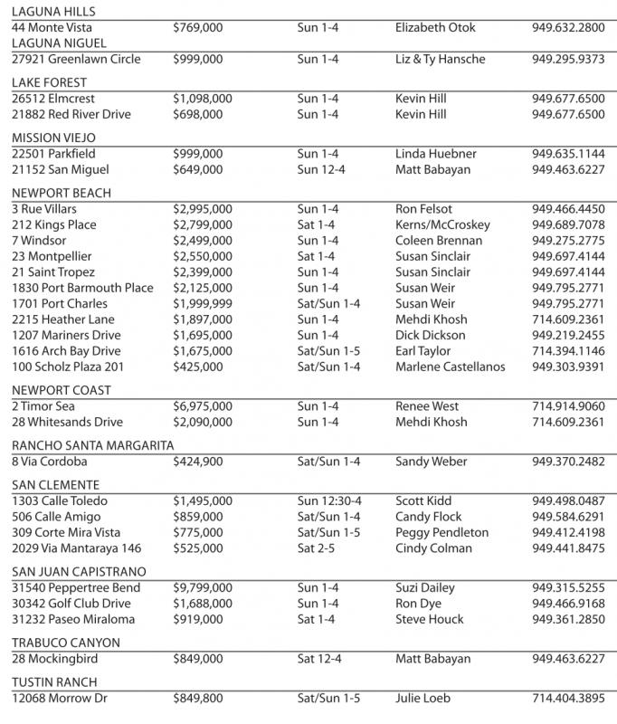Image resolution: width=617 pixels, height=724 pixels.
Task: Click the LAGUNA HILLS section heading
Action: pyautogui.click(x=53, y=12)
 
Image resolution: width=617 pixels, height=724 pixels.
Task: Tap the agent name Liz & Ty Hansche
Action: pyautogui.click(x=440, y=59)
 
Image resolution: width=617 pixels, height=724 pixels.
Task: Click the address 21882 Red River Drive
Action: pyautogui.click(x=71, y=114)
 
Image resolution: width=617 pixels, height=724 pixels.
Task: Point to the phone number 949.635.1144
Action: pyautogui.click(x=568, y=154)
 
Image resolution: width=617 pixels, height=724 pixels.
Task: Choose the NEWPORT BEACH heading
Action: pyautogui.click(x=61, y=193)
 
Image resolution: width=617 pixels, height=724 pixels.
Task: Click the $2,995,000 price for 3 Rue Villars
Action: pyautogui.click(x=202, y=209)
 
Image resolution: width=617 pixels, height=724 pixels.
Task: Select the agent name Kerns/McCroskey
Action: pyautogui.click(x=442, y=224)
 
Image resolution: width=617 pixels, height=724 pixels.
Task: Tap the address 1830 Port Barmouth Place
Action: pyautogui.click(x=82, y=288)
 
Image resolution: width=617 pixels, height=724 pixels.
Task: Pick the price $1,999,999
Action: pyautogui.click(x=202, y=303)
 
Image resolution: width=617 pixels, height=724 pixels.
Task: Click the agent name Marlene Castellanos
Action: pyautogui.click(x=450, y=367)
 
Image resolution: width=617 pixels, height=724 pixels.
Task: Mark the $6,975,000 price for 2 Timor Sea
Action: pyautogui.click(x=202, y=406)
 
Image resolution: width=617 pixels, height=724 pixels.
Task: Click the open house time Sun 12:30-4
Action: pyautogui.click(x=328, y=500)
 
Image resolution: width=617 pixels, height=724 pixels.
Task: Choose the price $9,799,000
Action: pyautogui.click(x=202, y=587)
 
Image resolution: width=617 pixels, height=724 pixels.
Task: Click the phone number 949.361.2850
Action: pyautogui.click(x=568, y=619)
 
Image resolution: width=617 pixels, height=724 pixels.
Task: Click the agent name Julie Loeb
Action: pyautogui.click(x=422, y=698)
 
